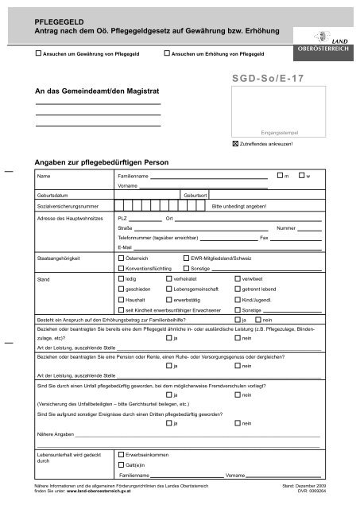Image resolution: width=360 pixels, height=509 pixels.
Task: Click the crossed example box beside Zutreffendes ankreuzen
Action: [234, 144]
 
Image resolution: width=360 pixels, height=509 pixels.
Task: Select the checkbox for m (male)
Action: [279, 174]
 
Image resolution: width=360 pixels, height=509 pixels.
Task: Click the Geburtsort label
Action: [195, 195]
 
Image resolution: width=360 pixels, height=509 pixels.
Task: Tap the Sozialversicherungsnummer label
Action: [68, 205]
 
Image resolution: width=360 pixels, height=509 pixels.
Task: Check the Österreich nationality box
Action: [121, 258]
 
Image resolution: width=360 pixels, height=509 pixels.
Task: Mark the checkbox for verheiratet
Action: [168, 280]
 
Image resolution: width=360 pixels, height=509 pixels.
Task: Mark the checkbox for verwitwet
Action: [238, 280]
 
